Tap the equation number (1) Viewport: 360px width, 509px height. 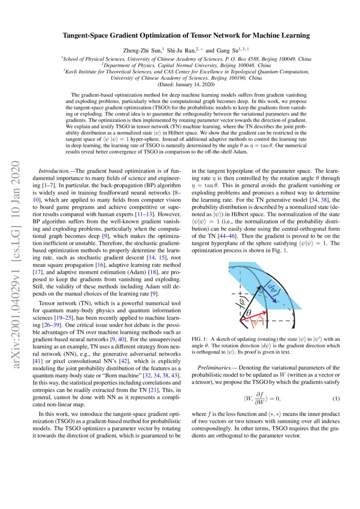click(336, 399)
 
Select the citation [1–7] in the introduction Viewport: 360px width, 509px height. click(49, 185)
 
